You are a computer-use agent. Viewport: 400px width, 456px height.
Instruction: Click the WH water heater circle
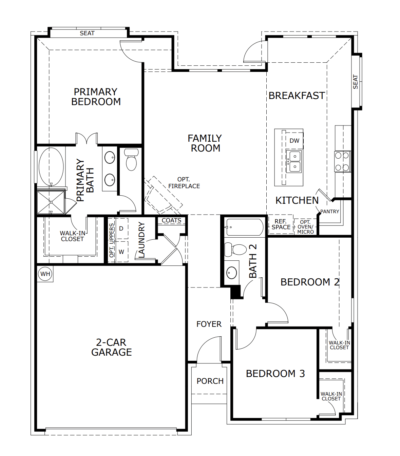point(45,274)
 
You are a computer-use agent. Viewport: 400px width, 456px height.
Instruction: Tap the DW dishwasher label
point(294,141)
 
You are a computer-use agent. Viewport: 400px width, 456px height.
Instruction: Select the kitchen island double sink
point(294,161)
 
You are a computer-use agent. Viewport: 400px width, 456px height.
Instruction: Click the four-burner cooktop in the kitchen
point(342,161)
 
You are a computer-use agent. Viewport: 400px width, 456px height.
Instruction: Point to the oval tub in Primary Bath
point(51,166)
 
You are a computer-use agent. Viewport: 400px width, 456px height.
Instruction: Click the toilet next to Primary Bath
point(131,159)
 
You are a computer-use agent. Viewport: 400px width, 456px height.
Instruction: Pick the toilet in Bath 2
point(236,250)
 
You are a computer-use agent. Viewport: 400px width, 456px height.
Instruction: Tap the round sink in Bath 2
point(232,273)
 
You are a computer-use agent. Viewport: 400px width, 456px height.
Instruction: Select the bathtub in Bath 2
point(244,227)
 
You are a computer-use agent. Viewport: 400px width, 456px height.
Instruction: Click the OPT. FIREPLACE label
point(184,183)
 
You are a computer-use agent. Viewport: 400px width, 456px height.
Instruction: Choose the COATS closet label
point(171,220)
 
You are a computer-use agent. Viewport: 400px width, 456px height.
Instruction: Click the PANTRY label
point(330,212)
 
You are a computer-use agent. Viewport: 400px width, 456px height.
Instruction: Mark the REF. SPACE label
point(281,224)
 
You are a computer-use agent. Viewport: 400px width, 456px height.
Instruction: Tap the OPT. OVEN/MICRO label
point(305,227)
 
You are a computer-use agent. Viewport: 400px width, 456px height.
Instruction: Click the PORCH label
point(210,381)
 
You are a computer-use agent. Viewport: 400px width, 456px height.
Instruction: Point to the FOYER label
point(209,324)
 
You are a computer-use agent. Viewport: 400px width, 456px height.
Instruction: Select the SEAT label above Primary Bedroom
point(87,33)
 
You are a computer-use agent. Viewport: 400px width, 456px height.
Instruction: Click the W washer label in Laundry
point(121,252)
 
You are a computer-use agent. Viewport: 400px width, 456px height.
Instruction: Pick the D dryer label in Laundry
point(121,229)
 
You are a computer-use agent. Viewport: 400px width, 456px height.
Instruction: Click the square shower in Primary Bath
point(51,202)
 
